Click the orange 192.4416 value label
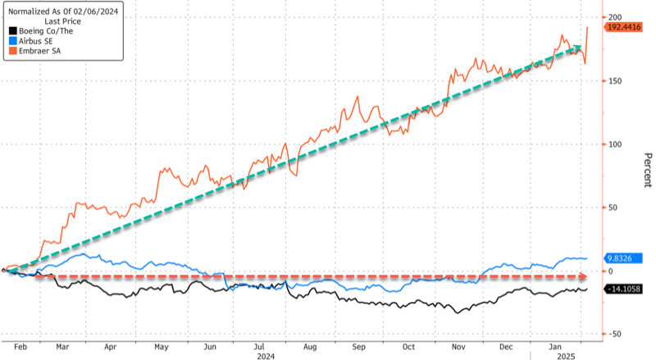point(623,27)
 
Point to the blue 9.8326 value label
point(623,257)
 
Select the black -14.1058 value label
point(623,289)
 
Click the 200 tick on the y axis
point(611,17)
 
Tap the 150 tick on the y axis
point(611,80)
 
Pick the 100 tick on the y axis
point(611,144)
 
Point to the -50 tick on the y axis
point(611,334)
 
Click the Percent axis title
point(647,171)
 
